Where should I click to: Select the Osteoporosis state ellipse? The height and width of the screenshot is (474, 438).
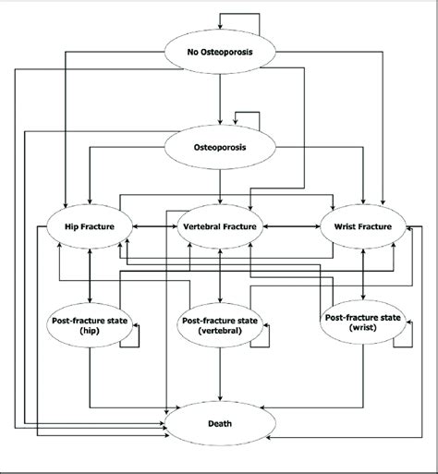(219, 145)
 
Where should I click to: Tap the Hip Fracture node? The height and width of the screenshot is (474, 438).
(89, 225)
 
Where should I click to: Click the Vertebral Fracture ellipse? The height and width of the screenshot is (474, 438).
(219, 225)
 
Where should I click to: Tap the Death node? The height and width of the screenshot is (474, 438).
(219, 425)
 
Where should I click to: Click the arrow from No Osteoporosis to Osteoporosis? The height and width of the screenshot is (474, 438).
(219, 97)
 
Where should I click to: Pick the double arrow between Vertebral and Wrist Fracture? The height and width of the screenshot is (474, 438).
(290, 225)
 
